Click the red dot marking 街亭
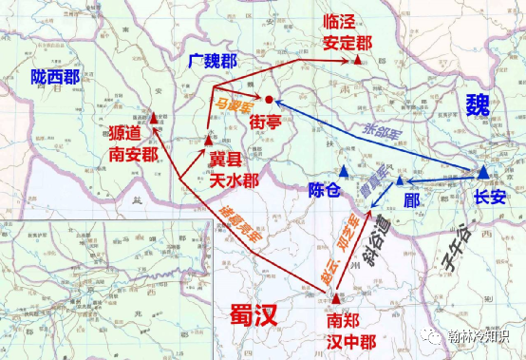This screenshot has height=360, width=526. (270, 99)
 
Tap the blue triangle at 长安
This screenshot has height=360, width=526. (483, 171)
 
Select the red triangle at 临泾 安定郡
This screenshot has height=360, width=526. (357, 59)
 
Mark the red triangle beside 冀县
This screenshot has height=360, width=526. (208, 140)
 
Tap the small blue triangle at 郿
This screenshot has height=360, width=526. (401, 180)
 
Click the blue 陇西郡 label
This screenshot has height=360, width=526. (55, 78)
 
